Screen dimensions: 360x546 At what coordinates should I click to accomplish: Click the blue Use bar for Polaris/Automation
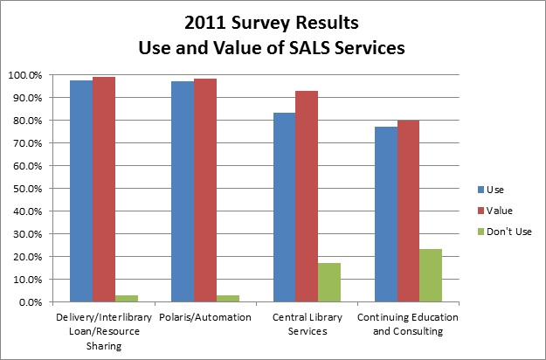183,191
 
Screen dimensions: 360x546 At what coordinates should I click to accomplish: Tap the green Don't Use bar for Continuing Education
430,275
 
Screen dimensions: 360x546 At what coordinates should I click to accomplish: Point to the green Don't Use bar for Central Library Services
328,282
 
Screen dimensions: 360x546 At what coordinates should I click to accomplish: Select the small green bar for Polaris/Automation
228,299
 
